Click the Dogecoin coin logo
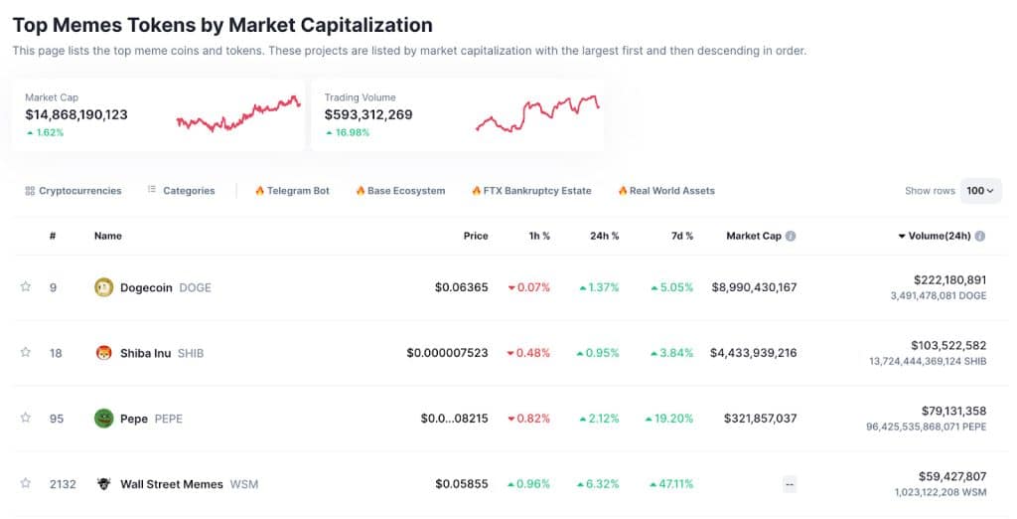103,287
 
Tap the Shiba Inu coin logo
103,353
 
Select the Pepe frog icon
103,419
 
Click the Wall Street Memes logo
103,484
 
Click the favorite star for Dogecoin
26,287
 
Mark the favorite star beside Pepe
26,419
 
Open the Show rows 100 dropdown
980,191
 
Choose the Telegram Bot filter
292,191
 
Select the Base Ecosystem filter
400,191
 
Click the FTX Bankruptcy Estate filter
531,191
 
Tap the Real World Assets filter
666,191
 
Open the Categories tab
181,191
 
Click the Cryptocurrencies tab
73,191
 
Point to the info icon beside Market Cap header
791,237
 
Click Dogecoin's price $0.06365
461,287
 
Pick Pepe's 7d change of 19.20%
668,419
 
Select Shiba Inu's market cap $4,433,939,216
753,353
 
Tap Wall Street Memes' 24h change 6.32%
599,484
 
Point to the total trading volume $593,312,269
368,114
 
